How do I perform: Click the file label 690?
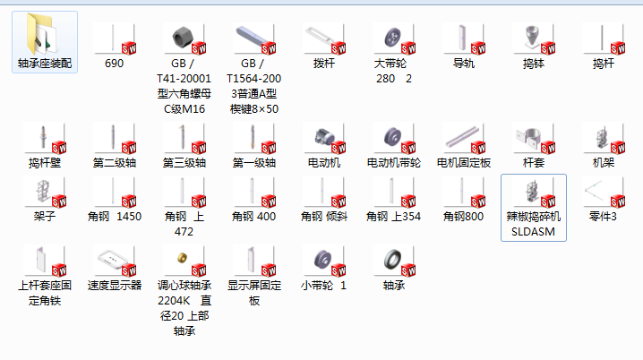click(x=115, y=64)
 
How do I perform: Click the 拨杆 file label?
click(x=323, y=64)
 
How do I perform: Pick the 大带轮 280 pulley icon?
click(x=392, y=39)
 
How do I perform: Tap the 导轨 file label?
click(x=463, y=64)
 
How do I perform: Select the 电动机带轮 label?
click(x=393, y=164)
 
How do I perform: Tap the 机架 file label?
click(x=603, y=164)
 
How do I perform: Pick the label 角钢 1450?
click(x=115, y=216)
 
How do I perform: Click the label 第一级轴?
click(x=254, y=164)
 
